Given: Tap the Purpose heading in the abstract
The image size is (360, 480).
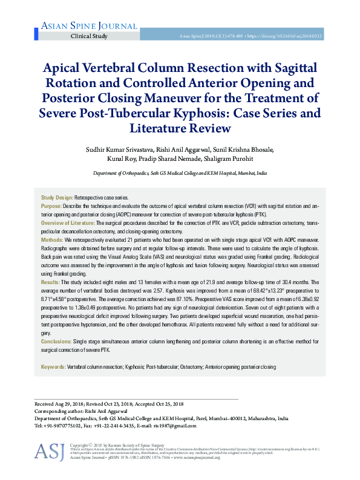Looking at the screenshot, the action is tap(51, 206).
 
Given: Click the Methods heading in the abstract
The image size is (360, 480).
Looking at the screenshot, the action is tap(52, 241).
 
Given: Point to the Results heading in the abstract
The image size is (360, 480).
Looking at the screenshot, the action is tap(50, 282).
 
